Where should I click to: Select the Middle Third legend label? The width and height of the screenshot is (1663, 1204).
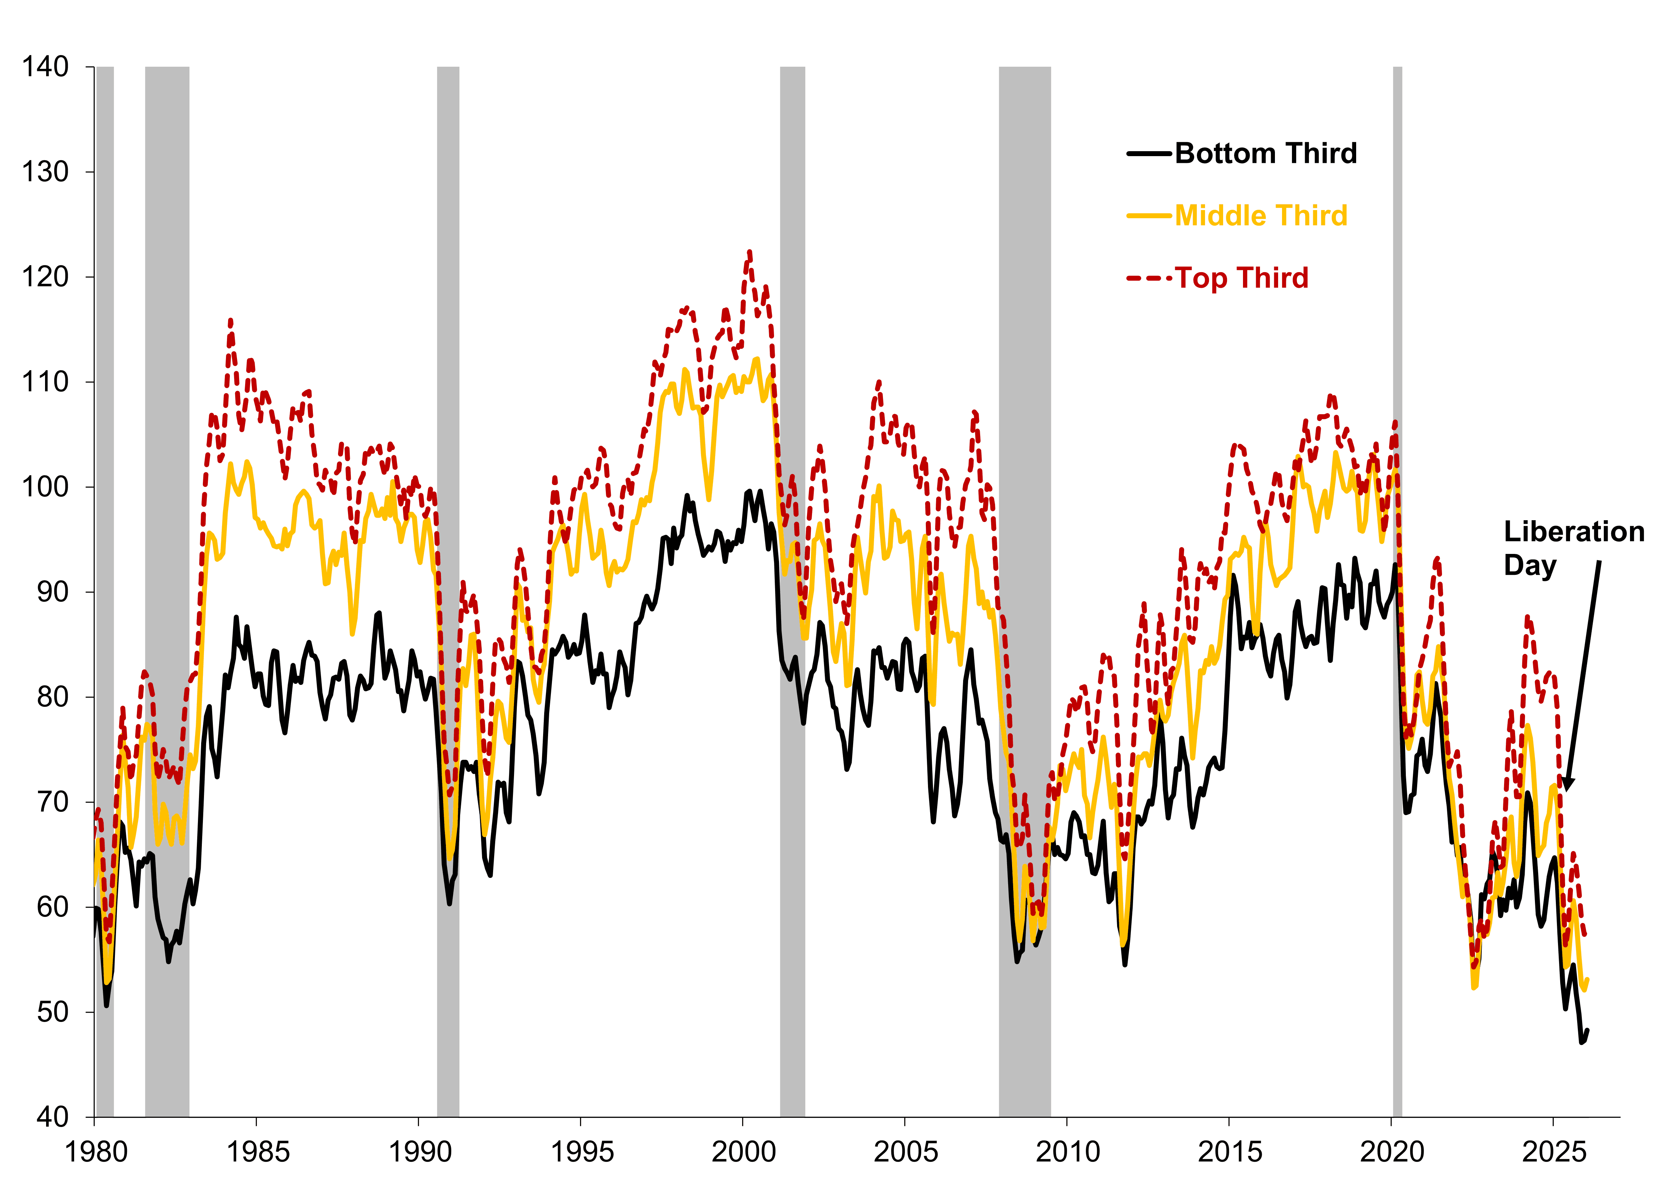(x=1261, y=216)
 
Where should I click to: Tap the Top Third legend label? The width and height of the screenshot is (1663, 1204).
(x=1242, y=278)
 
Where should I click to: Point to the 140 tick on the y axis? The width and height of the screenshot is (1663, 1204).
(x=45, y=67)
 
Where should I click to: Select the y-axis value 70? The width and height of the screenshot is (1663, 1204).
(x=53, y=802)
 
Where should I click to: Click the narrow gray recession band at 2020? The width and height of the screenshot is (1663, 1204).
(x=1398, y=587)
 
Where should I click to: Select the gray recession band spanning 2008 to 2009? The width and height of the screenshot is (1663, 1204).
(x=1024, y=587)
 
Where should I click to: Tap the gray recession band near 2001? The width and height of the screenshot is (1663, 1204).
(x=792, y=587)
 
